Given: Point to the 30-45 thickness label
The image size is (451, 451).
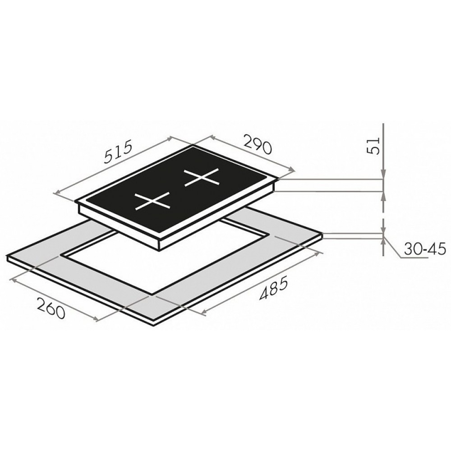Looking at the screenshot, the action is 424,249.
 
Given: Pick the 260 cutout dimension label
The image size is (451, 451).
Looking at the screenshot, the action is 51,308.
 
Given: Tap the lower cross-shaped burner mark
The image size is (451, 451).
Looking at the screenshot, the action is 152,201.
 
